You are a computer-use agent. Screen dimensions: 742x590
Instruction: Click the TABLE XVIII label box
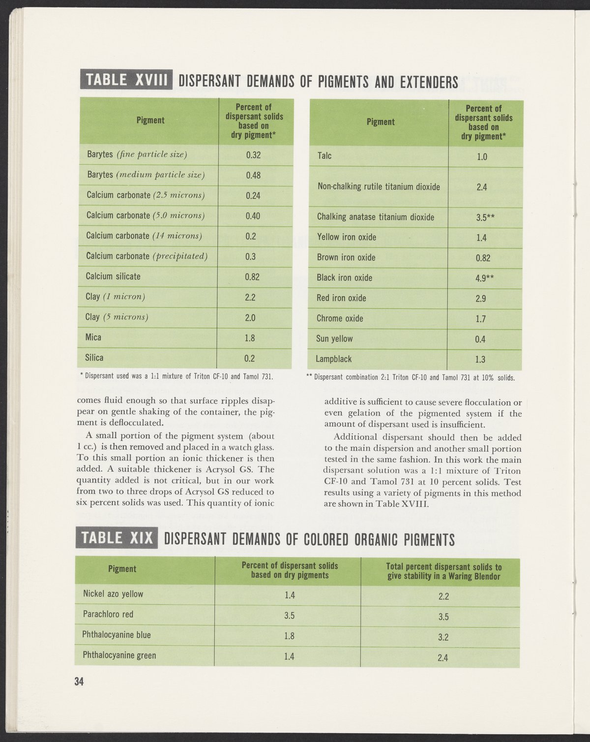click(126, 80)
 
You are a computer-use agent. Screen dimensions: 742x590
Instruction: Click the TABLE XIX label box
click(117, 538)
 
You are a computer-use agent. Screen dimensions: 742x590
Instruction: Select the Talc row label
click(324, 156)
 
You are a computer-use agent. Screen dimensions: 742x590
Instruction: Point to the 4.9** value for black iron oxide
click(485, 278)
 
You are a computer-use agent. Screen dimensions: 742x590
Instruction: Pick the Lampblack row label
click(334, 359)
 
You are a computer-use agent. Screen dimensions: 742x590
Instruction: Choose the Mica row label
click(93, 338)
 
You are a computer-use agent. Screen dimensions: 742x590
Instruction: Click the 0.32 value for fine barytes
click(253, 155)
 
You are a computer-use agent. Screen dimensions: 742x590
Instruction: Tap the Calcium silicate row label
click(113, 277)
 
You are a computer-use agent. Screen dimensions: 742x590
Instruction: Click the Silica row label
click(94, 358)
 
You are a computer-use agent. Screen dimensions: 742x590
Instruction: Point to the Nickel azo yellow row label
click(113, 594)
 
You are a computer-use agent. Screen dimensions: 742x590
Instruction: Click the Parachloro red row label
click(108, 615)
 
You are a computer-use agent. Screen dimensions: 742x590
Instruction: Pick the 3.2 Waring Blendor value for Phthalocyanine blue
click(443, 637)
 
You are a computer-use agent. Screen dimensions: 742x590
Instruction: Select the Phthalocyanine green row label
click(119, 655)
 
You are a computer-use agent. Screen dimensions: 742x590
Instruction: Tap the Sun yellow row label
click(335, 339)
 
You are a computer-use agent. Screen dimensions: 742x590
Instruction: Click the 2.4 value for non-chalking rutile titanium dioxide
click(481, 187)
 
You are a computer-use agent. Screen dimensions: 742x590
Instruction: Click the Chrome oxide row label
click(340, 319)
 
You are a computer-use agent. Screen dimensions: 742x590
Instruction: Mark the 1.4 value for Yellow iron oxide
click(481, 238)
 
